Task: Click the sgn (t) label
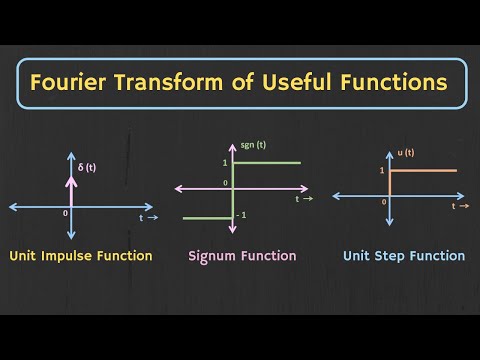point(252,146)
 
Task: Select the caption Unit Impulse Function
point(81,256)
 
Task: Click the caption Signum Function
point(242,256)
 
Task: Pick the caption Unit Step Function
point(404,256)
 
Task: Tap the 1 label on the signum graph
point(225,162)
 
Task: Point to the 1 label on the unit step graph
point(381,171)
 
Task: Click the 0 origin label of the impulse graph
point(64,214)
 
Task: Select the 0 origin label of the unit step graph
point(384,201)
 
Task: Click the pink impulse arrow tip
point(71,156)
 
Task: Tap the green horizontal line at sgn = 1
point(268,162)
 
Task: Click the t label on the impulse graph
point(142,216)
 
